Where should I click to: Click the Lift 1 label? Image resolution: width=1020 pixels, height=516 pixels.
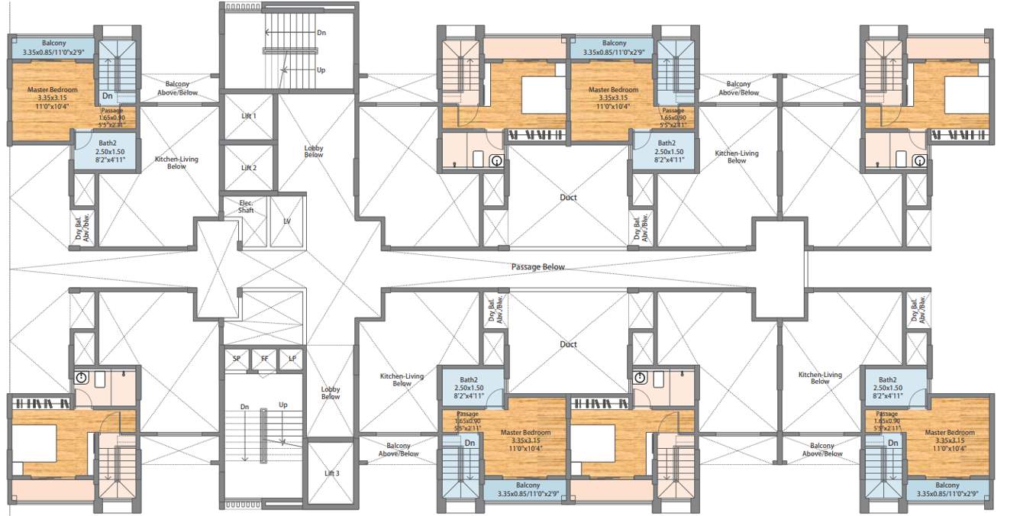pos(249,116)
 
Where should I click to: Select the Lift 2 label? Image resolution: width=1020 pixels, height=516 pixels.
pos(249,168)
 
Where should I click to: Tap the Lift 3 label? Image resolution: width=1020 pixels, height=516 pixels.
pos(331,473)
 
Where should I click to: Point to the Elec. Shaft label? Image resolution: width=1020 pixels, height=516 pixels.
pos(245,206)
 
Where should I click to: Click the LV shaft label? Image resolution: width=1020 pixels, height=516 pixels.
pos(287,221)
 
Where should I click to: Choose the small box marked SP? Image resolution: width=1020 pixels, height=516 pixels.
pos(236,358)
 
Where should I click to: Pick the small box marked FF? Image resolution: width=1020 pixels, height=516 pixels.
pos(264,358)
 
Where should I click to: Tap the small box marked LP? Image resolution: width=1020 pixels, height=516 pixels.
pos(291,358)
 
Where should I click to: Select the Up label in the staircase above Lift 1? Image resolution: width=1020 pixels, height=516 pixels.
pos(321,69)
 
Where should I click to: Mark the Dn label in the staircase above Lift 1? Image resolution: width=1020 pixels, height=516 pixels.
pos(321,33)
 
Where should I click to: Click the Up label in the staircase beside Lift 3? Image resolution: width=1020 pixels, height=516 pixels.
pos(283,405)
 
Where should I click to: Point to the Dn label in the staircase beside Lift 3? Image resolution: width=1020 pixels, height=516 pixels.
pos(244,407)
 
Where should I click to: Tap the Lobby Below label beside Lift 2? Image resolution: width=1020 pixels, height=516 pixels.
pos(313,150)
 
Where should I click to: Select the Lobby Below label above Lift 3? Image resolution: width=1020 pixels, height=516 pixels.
pos(331,392)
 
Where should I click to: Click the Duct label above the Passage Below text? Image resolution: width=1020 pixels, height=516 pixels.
pos(568,198)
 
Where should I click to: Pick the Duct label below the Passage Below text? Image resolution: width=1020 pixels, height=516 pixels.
pos(568,344)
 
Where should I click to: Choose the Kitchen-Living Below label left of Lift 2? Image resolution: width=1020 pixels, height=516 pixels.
pos(176,163)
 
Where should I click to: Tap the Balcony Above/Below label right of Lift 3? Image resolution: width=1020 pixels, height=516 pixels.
pos(399,450)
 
